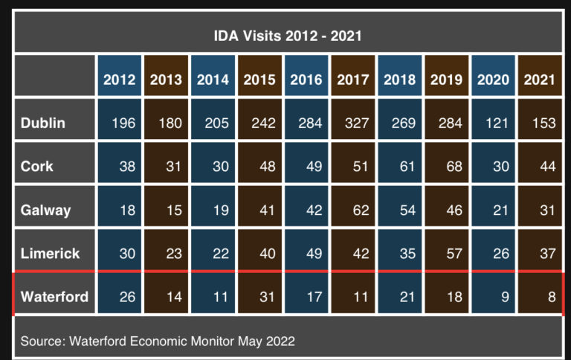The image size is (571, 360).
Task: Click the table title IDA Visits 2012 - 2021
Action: click(x=287, y=35)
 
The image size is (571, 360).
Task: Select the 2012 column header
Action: click(x=120, y=80)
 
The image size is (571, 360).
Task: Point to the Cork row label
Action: click(x=37, y=167)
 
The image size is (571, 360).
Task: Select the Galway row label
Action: click(x=46, y=210)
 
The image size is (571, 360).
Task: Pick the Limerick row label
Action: click(x=51, y=254)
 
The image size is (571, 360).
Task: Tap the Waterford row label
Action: click(x=54, y=298)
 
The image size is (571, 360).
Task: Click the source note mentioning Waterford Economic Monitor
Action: click(x=158, y=341)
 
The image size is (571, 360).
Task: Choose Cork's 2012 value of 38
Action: click(x=127, y=167)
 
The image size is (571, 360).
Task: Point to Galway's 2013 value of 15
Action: click(x=173, y=210)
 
